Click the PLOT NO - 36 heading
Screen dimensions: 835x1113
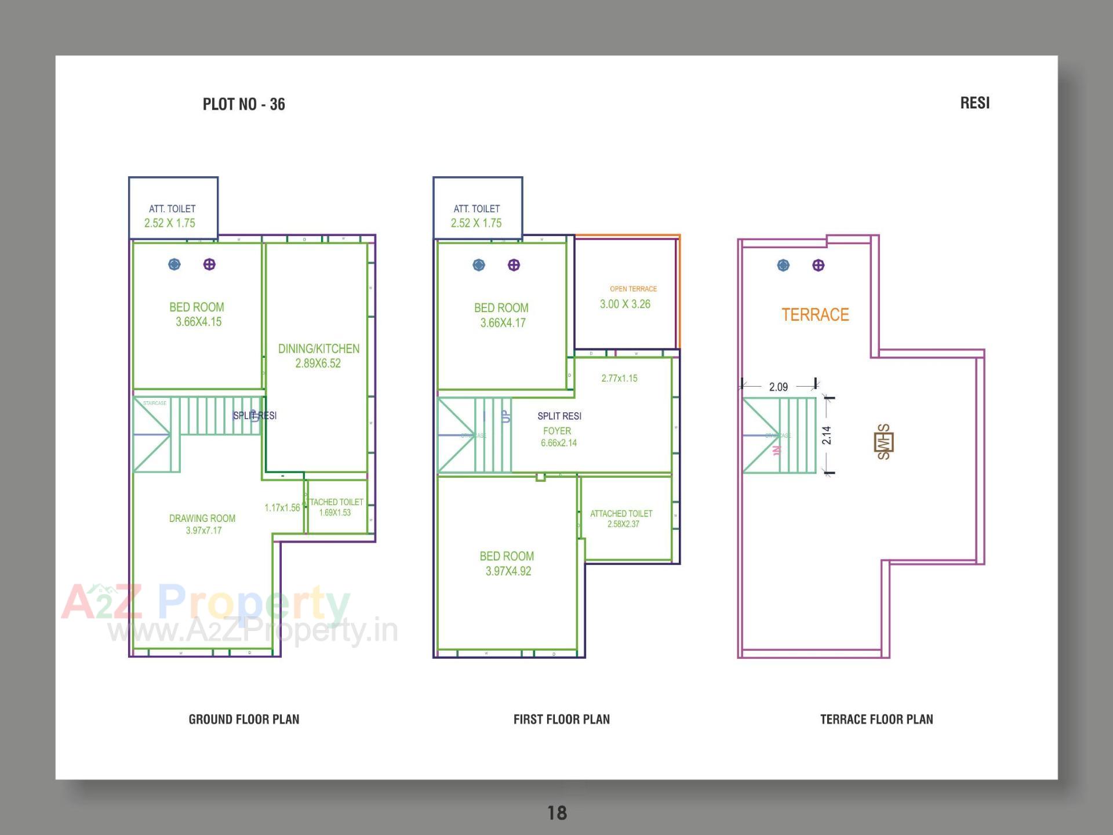tap(243, 104)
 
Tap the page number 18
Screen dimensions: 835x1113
tap(557, 813)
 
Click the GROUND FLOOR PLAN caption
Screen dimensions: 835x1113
tap(244, 720)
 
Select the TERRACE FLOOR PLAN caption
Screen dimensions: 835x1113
tap(876, 720)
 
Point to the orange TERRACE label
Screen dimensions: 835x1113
tap(815, 315)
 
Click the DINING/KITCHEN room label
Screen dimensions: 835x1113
tap(319, 349)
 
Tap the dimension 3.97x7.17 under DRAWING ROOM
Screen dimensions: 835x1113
tap(203, 531)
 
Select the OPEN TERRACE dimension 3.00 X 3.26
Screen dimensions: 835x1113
tap(625, 304)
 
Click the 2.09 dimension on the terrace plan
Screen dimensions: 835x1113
tap(778, 387)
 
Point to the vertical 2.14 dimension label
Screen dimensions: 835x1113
tap(827, 435)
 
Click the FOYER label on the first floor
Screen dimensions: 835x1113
tap(557, 431)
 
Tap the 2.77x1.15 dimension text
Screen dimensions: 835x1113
tap(619, 378)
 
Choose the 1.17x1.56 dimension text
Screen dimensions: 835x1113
tap(282, 508)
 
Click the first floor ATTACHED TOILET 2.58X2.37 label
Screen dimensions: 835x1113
tap(622, 518)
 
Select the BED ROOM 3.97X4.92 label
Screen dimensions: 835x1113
tap(507, 563)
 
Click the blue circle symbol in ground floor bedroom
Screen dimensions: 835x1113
tap(174, 264)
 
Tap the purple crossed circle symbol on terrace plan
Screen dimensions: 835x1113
tap(818, 266)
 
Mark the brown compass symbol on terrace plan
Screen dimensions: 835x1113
tap(884, 442)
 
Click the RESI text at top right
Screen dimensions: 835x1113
tap(974, 103)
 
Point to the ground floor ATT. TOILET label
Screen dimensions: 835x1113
tap(172, 209)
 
